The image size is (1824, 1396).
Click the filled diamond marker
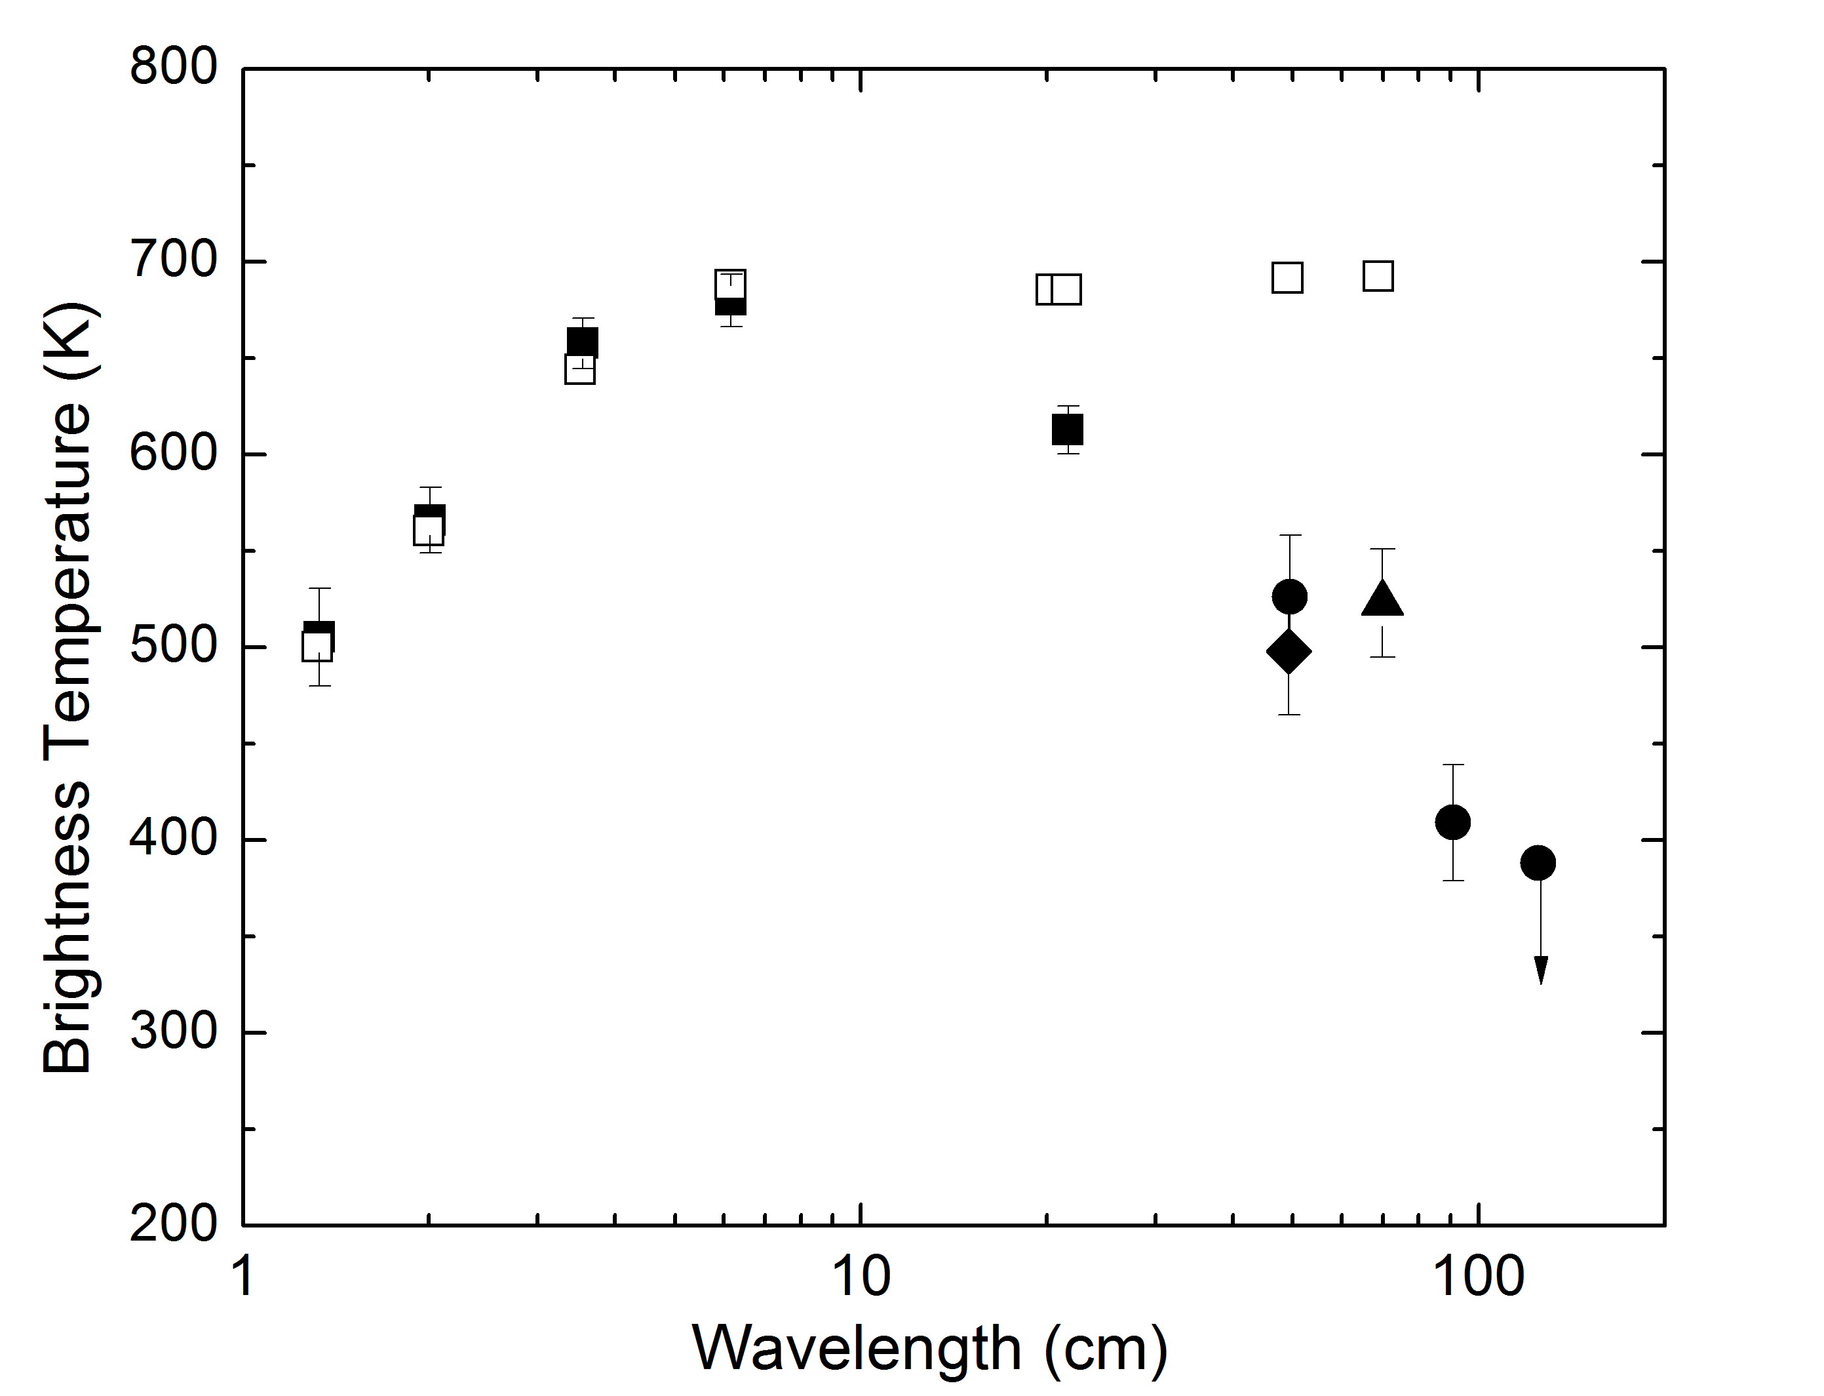pos(1289,652)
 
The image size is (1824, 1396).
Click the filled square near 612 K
pos(1067,429)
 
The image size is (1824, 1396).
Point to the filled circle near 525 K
pos(1289,596)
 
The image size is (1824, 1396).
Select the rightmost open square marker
pos(1378,276)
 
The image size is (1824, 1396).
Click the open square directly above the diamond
pos(1287,277)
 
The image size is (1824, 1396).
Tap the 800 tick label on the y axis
pos(173,66)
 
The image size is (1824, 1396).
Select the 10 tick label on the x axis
pos(861,1277)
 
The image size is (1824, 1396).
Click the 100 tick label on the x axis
pos(1479,1277)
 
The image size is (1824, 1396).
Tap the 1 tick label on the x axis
pos(243,1277)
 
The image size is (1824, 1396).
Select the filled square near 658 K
pos(582,342)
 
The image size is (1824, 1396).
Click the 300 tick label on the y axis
pos(173,1031)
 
